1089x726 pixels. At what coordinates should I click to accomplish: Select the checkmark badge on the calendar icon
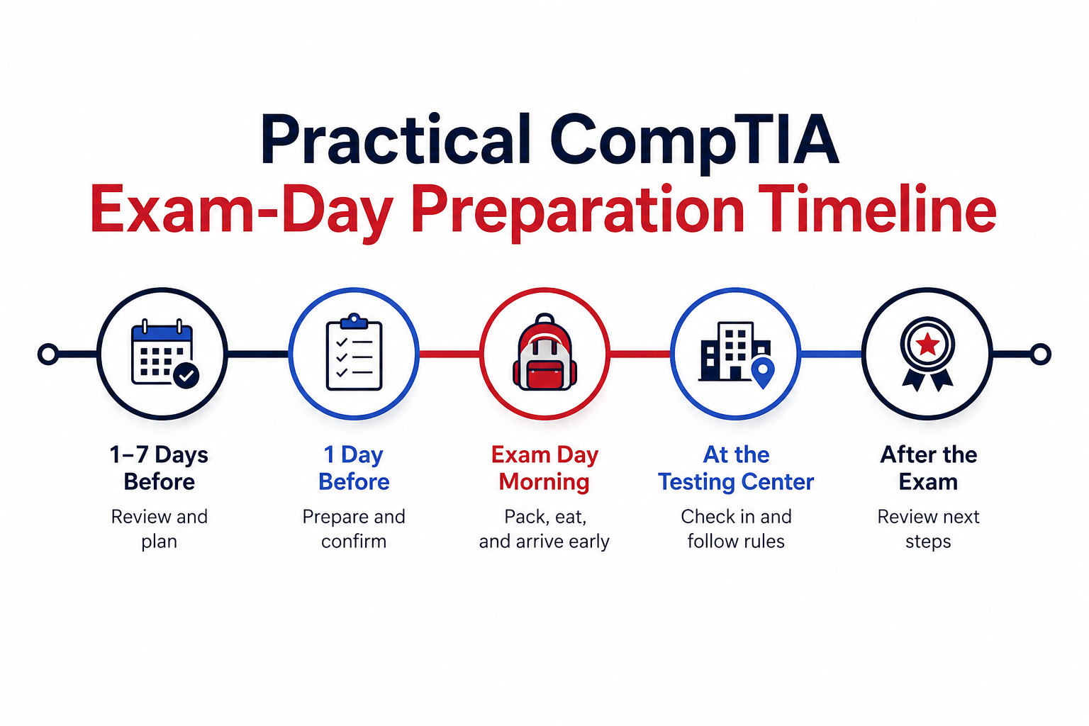(186, 375)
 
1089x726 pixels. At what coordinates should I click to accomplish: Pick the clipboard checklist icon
(354, 352)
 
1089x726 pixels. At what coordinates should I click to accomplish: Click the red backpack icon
(544, 352)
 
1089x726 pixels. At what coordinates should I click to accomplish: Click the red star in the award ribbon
(927, 345)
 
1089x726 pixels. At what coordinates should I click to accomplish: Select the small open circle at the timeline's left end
(48, 354)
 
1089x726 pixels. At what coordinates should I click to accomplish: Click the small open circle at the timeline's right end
(1040, 354)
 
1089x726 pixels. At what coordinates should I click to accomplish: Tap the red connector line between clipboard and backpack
(449, 354)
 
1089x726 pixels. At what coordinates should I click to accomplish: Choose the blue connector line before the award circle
(832, 354)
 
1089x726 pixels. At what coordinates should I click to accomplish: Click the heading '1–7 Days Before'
(159, 468)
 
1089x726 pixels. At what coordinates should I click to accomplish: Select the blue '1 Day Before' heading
(354, 468)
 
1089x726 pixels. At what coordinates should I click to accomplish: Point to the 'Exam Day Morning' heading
(544, 468)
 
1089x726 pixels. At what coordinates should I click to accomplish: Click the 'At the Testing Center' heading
(736, 468)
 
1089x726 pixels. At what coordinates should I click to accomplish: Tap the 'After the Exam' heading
(928, 468)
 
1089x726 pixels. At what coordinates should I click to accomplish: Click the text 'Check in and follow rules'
(736, 529)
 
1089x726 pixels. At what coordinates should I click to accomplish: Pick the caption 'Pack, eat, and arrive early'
(544, 529)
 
